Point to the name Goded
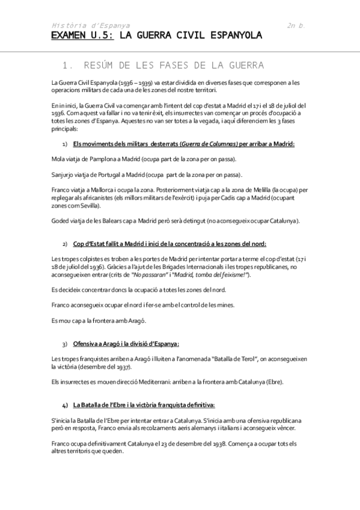coord(60,221)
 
